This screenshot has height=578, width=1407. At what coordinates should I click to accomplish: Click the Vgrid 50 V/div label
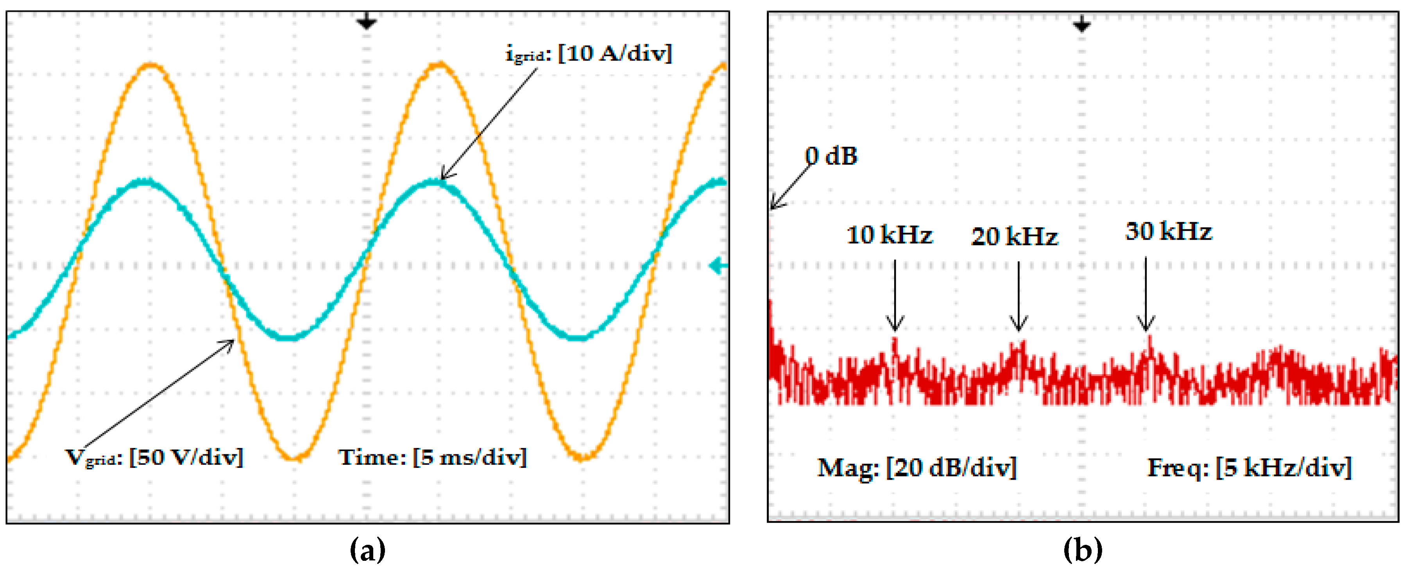(154, 457)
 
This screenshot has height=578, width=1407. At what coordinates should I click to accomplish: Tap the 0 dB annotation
(831, 156)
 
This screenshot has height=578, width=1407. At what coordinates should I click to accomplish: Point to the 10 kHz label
(889, 235)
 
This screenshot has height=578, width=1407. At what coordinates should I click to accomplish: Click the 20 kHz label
(1014, 236)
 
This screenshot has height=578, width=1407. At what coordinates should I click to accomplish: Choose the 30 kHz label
(1168, 232)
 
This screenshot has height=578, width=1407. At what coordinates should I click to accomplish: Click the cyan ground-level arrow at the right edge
(718, 266)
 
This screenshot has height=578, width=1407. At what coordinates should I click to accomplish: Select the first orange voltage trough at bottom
(294, 458)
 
